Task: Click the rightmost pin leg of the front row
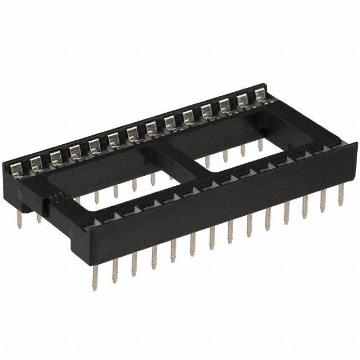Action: point(340,195)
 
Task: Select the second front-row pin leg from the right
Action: point(322,201)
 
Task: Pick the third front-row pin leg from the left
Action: point(134,265)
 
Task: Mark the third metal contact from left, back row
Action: point(55,157)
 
